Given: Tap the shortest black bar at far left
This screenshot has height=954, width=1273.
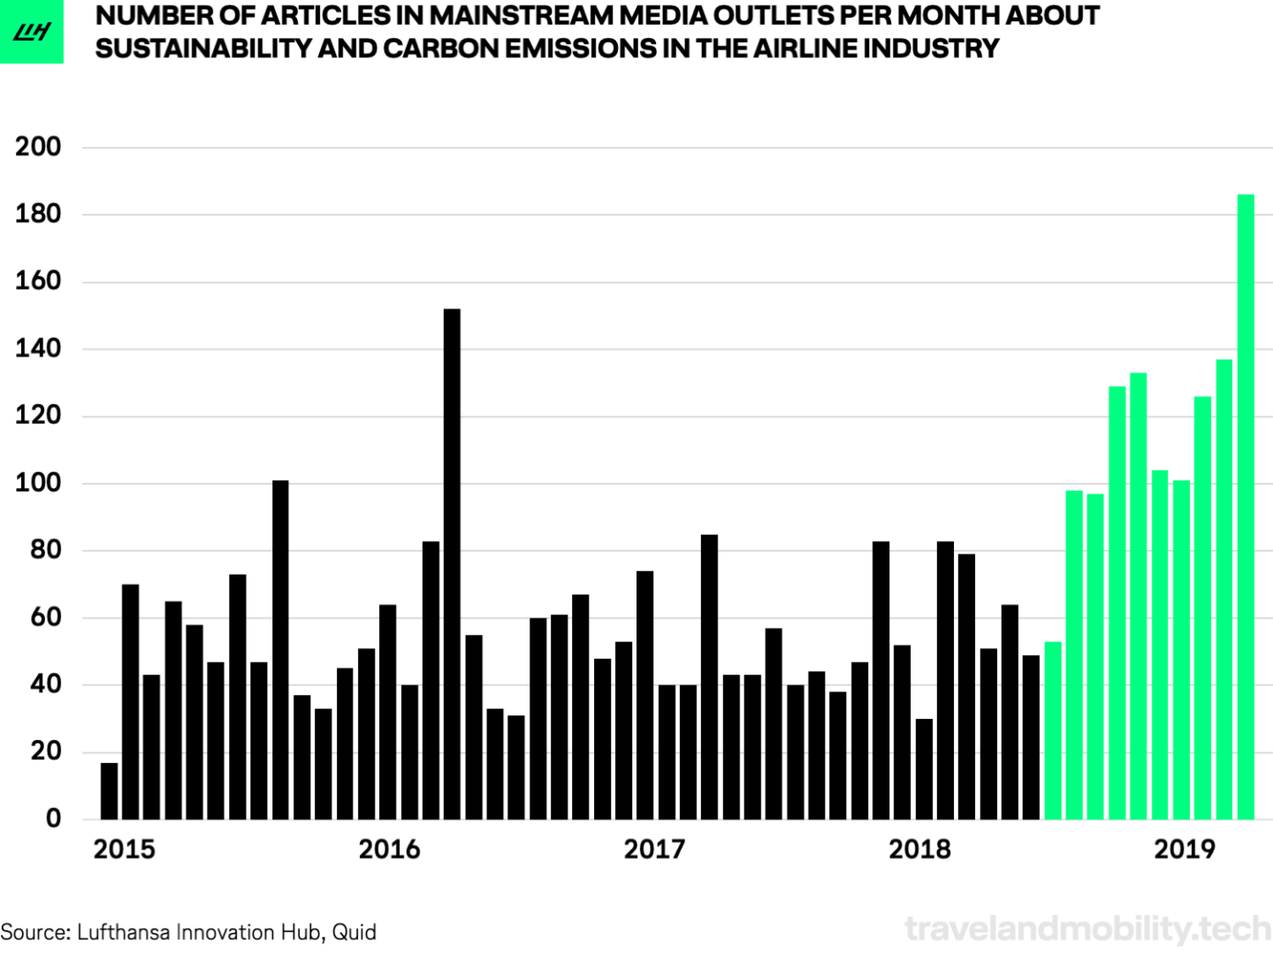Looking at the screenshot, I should click(x=109, y=790).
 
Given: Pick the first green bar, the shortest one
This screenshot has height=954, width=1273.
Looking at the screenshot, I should click(x=1053, y=730).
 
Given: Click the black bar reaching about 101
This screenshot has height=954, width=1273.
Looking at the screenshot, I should click(x=280, y=650).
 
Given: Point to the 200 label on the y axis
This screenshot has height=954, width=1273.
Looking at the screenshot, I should click(x=38, y=147).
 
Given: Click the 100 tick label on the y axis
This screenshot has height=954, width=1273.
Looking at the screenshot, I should click(x=38, y=483).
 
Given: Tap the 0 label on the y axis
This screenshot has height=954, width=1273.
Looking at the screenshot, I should click(x=53, y=818).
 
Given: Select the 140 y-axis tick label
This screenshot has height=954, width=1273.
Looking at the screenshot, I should click(x=38, y=348).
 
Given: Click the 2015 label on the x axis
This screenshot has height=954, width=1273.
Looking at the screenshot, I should click(x=124, y=850).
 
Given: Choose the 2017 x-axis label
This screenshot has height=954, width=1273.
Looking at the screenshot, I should click(x=654, y=850).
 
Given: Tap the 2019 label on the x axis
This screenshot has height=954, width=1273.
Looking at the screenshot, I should click(x=1185, y=850).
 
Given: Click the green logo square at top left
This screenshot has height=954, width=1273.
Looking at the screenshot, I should click(x=32, y=32).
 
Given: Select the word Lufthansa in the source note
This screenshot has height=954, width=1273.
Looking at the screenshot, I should click(x=124, y=932).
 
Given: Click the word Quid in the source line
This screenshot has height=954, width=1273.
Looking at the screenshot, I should click(x=354, y=932).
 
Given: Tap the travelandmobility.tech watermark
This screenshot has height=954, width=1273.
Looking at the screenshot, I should click(x=1087, y=928).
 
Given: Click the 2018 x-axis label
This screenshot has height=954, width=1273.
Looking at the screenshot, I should click(x=919, y=850).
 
